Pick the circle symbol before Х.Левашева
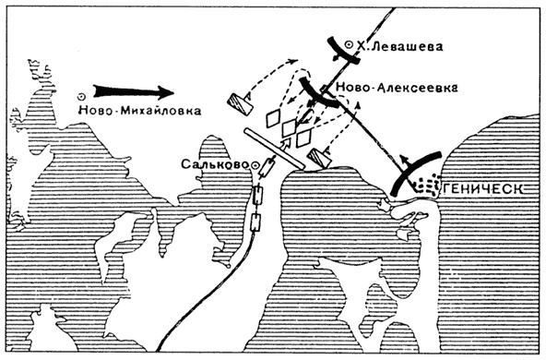[347, 42]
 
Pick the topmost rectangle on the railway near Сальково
[269, 167]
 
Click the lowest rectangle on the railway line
[256, 220]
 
